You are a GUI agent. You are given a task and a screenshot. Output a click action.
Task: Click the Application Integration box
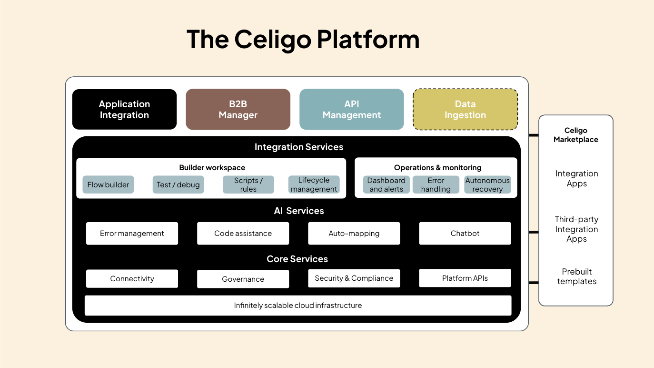124,109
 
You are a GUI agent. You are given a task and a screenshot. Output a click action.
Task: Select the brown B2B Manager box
238,109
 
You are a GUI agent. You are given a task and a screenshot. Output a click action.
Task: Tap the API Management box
352,109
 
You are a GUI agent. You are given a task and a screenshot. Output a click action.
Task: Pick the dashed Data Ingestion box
465,109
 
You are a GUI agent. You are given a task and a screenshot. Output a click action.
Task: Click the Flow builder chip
108,184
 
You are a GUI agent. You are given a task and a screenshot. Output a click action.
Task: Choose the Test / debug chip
178,184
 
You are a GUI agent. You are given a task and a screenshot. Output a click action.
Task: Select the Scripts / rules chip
248,184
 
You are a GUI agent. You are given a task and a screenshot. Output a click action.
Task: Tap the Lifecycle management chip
314,184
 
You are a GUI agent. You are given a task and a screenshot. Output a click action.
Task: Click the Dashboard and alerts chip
386,184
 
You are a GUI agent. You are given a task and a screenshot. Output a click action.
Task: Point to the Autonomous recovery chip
487,184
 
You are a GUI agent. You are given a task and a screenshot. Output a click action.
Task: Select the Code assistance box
243,233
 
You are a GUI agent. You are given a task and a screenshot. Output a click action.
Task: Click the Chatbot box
465,233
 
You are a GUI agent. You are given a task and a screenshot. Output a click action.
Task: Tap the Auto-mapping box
354,233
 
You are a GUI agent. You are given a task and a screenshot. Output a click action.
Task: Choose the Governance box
243,279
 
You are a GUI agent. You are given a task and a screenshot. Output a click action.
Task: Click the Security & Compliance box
354,278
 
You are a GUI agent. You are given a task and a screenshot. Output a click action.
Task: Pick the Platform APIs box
465,278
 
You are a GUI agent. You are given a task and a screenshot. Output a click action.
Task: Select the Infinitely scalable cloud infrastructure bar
298,306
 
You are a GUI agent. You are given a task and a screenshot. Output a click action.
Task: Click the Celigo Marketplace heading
576,135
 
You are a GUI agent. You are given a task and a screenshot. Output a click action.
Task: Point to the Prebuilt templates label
576,276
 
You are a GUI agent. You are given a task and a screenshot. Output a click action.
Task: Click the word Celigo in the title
273,40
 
